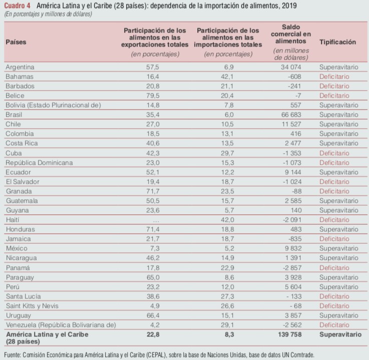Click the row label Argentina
click(x=20, y=67)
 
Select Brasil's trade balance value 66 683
click(x=291, y=115)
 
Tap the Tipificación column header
click(x=337, y=42)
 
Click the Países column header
click(x=16, y=42)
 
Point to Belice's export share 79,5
click(x=153, y=96)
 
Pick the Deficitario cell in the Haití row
click(x=334, y=220)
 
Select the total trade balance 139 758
click(x=290, y=334)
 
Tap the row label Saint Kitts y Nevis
click(x=32, y=306)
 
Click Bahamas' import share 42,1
click(x=227, y=77)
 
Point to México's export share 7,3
click(x=155, y=248)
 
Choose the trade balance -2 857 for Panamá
click(x=292, y=268)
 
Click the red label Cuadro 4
click(x=17, y=6)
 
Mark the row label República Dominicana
click(x=39, y=163)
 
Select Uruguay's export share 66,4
click(x=153, y=315)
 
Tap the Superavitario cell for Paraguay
click(x=339, y=277)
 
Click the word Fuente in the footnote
click(x=12, y=354)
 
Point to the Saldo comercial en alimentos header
click(x=291, y=34)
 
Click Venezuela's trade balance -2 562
click(x=292, y=325)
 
